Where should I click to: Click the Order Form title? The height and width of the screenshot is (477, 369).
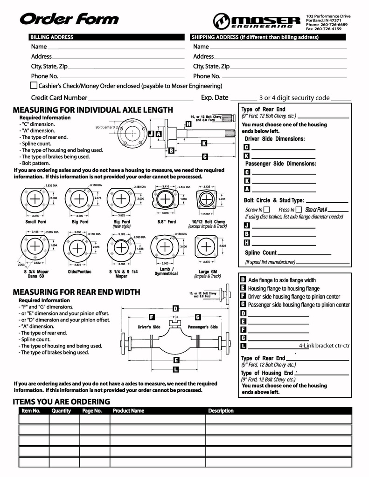pos(69,19)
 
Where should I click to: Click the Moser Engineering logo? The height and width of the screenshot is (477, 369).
pos(257,21)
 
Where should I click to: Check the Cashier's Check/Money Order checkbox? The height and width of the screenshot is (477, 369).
pos(34,86)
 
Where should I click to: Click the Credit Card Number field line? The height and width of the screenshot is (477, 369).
pos(140,99)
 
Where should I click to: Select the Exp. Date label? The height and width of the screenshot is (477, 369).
pos(215,98)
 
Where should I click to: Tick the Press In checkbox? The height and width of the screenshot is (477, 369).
pos(299,210)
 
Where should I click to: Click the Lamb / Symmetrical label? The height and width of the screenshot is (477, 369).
pos(166,272)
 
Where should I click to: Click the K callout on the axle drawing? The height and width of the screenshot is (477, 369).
pos(204,143)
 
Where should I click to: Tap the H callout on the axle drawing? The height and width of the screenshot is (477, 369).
pos(188,124)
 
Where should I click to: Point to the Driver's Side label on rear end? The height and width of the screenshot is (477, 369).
pos(149,327)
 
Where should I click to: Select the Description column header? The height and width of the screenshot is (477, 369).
pos(221,411)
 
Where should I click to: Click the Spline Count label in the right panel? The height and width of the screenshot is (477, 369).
pos(261,253)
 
